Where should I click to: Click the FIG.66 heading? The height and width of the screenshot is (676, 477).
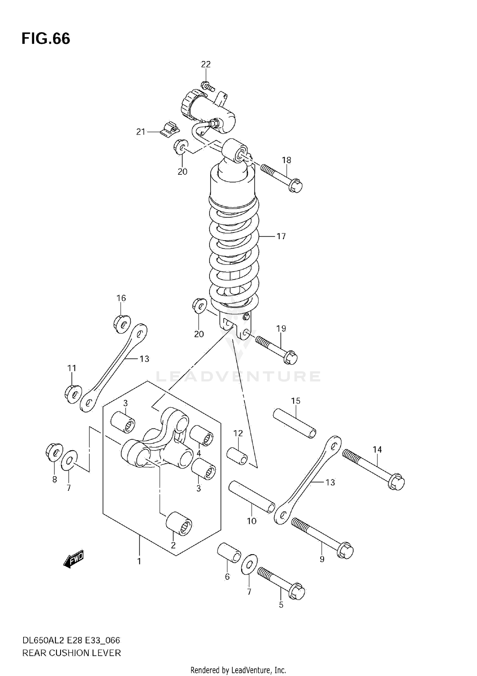46,39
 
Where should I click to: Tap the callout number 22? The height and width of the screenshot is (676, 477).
206,65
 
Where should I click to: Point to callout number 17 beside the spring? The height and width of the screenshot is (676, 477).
281,236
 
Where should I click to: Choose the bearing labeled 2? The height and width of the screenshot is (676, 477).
179,524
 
